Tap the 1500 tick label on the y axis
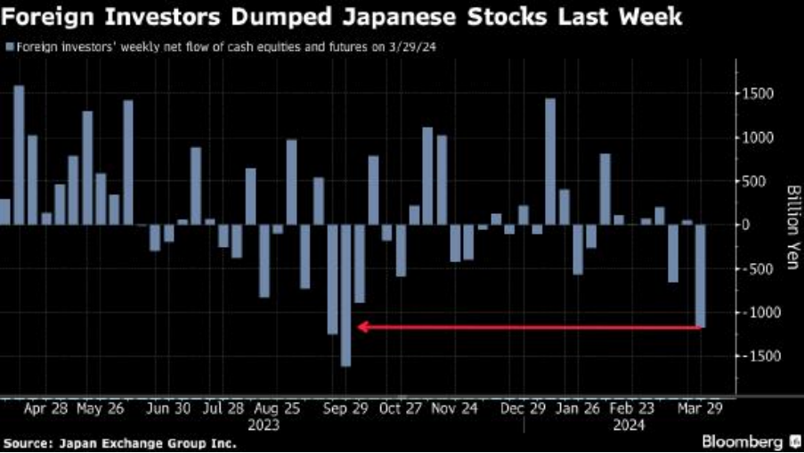point(759,95)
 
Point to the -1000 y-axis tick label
point(756,312)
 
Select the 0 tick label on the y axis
point(746,225)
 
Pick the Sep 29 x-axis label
point(345,409)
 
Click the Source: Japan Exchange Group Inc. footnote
point(119,442)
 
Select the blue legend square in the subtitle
point(8,46)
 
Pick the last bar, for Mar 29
point(701,276)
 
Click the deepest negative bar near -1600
point(345,294)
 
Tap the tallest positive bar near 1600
point(19,154)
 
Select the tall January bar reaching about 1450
point(550,161)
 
